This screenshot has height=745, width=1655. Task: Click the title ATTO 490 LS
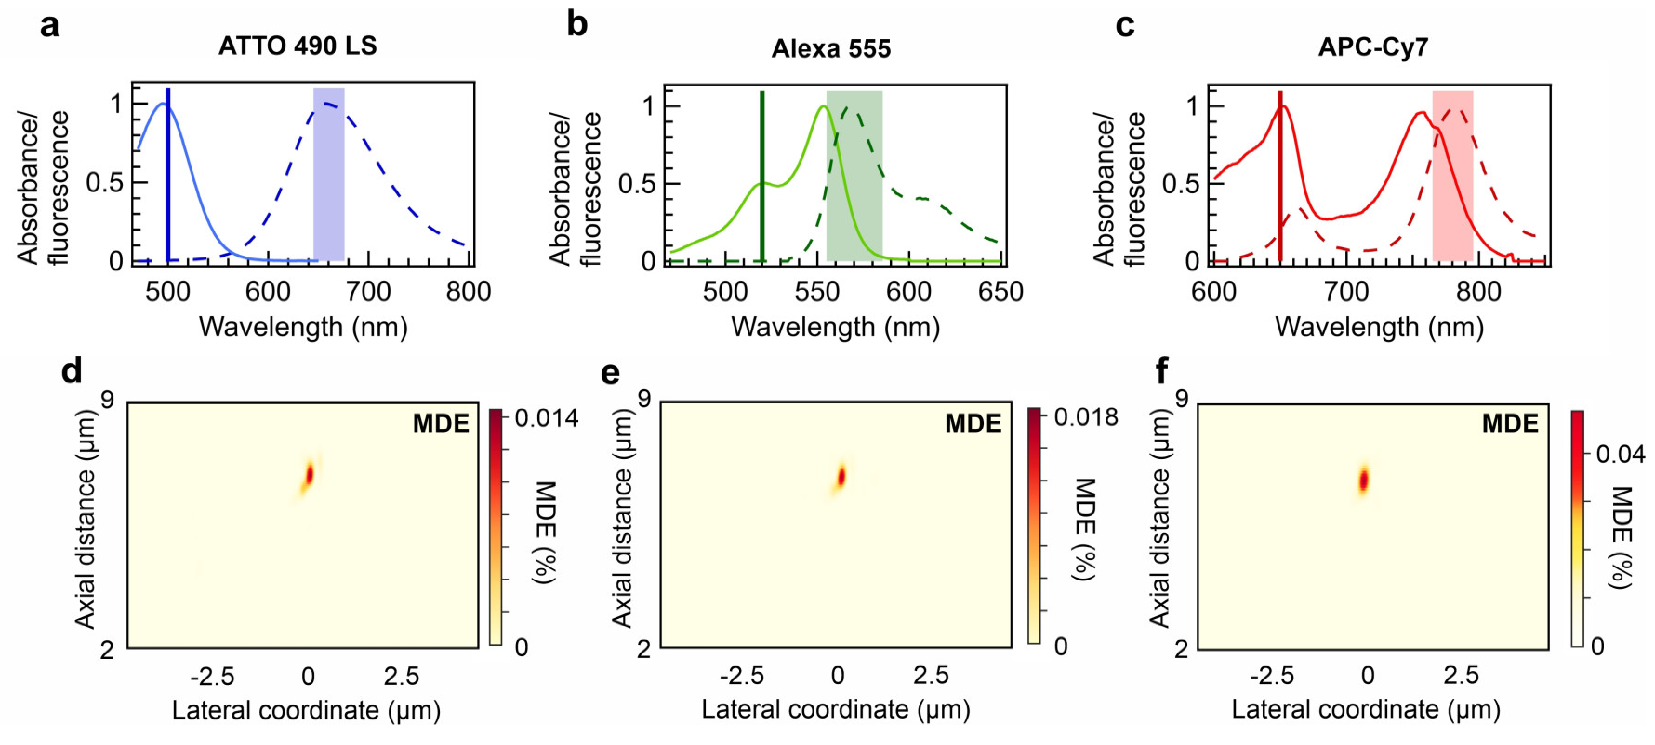pyautogui.click(x=298, y=46)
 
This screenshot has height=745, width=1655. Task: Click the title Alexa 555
pyautogui.click(x=831, y=49)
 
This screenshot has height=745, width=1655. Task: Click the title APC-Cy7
pyautogui.click(x=1373, y=47)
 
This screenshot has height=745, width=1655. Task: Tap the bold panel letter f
pyautogui.click(x=1162, y=372)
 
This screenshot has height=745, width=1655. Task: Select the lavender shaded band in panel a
pyautogui.click(x=328, y=173)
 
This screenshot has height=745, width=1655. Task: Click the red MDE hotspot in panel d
pyautogui.click(x=309, y=476)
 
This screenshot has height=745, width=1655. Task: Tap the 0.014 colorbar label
pyautogui.click(x=546, y=418)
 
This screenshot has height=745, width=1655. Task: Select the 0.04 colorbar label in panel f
pyautogui.click(x=1620, y=454)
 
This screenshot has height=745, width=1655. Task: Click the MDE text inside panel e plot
pyautogui.click(x=973, y=424)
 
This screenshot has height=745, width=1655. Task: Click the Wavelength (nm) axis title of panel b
pyautogui.click(x=835, y=327)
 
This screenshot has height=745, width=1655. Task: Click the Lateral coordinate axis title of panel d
pyautogui.click(x=306, y=710)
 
